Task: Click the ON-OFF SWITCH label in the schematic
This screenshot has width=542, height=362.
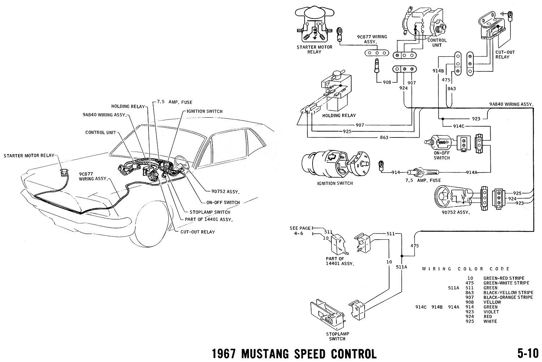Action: pos(442,155)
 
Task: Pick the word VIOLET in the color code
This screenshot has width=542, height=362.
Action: pos(491,311)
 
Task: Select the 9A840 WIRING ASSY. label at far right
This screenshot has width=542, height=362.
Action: pos(511,104)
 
